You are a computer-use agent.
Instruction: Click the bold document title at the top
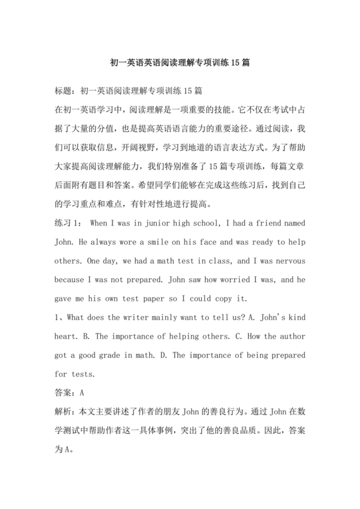[x=180, y=64]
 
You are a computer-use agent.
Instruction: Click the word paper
[x=156, y=299]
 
